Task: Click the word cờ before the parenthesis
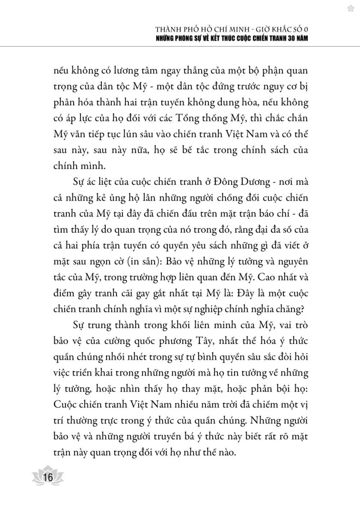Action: click(x=128, y=262)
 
